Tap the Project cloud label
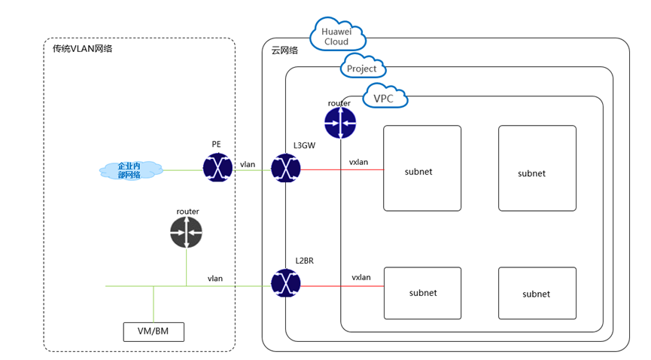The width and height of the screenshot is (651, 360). tap(362, 69)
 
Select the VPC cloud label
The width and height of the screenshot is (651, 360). tap(385, 98)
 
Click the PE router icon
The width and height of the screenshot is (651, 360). tap(217, 168)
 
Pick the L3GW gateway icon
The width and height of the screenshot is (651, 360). tap(286, 168)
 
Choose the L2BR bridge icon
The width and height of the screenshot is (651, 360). tap(286, 285)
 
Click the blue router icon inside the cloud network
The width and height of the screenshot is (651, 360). tap(339, 122)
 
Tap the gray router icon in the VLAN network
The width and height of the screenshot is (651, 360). tap(186, 232)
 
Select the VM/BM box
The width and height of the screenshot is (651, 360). tap(154, 331)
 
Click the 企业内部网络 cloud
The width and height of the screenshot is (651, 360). tap(129, 170)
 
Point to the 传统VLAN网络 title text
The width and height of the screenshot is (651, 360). tap(82, 49)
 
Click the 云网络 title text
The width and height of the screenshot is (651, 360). tap(284, 50)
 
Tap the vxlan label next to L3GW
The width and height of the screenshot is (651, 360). tap(358, 162)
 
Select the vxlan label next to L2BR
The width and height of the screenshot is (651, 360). tap(361, 277)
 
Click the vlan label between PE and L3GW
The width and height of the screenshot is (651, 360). tap(248, 163)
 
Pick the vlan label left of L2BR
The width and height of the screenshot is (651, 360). tap(215, 279)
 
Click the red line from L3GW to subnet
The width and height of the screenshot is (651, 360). tap(342, 169)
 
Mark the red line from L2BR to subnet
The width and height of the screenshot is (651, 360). tap(342, 286)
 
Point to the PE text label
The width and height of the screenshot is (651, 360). tap(216, 142)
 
